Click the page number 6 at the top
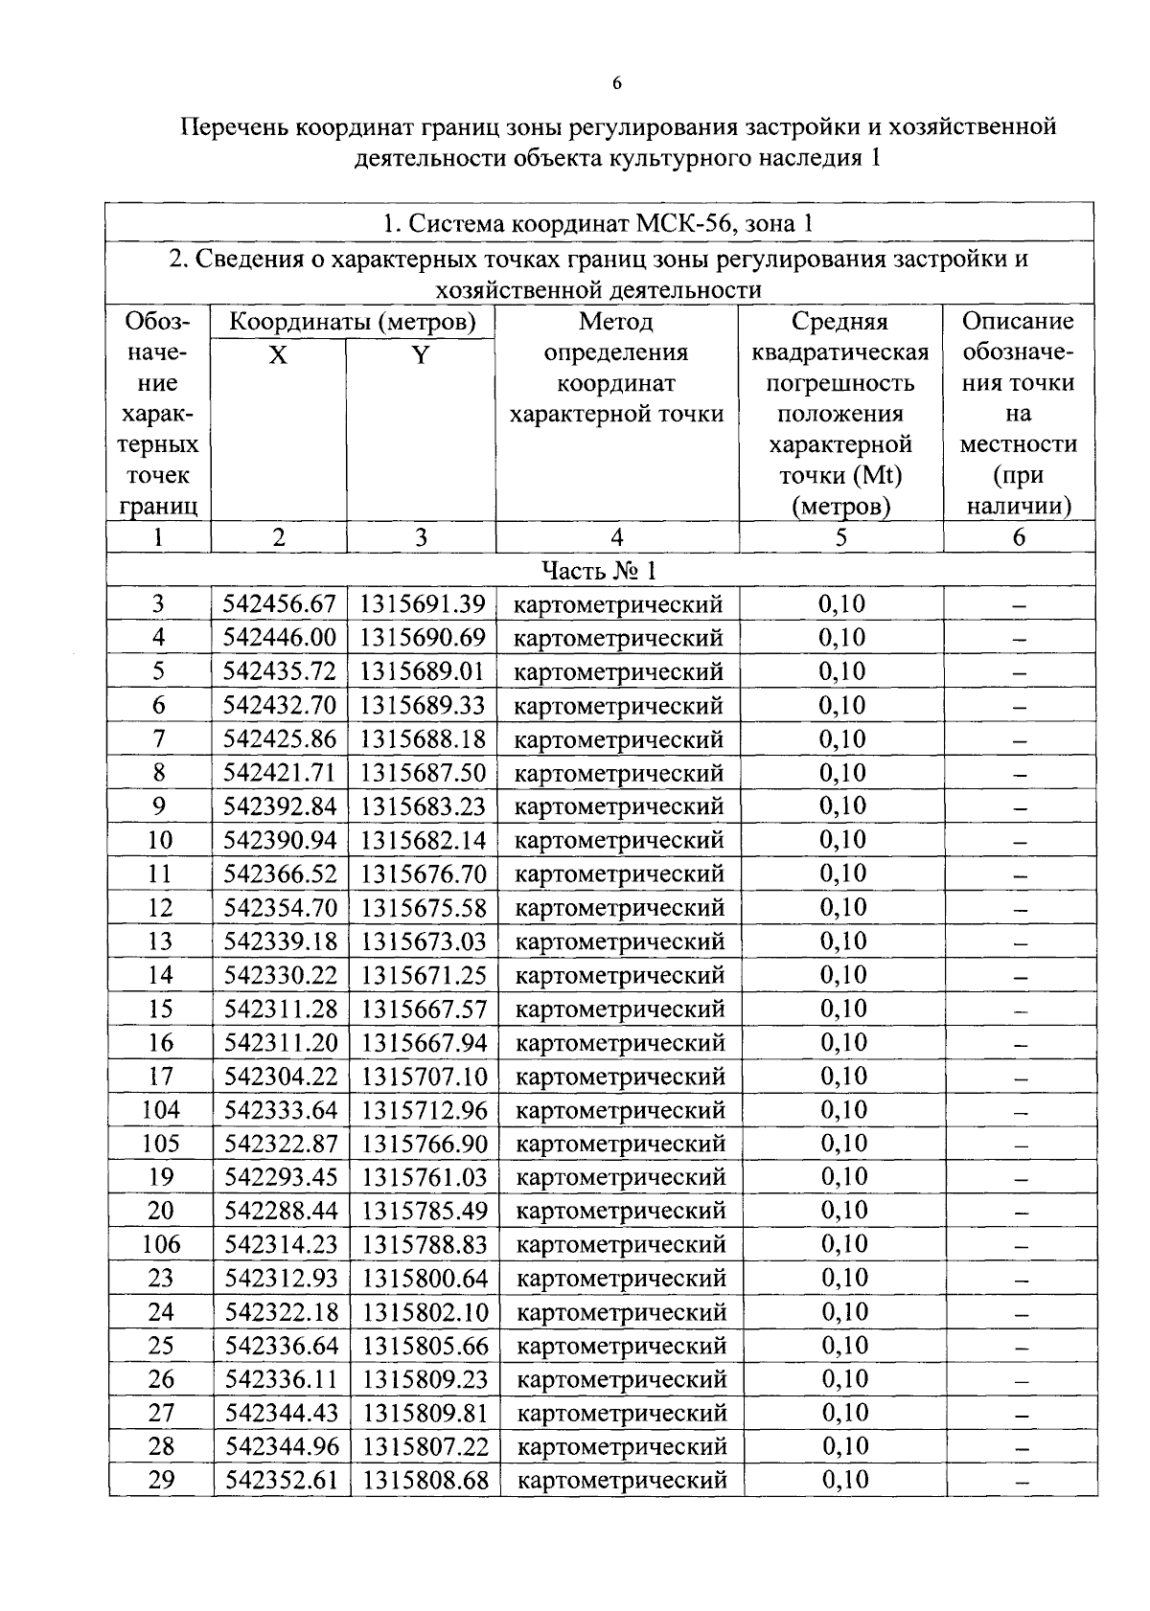point(617,84)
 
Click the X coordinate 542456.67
point(279,604)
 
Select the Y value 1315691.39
point(423,604)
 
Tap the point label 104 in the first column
point(160,1110)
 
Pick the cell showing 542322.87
point(281,1144)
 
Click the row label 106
point(160,1244)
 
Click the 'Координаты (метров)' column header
point(352,322)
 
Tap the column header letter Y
point(420,355)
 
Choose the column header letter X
point(278,355)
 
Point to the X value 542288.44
point(281,1211)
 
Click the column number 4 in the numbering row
point(616,537)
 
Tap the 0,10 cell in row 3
point(841,604)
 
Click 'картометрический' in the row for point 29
point(622,1480)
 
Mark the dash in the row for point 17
point(1021,1078)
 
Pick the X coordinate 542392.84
point(280,806)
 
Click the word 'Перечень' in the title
point(235,126)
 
